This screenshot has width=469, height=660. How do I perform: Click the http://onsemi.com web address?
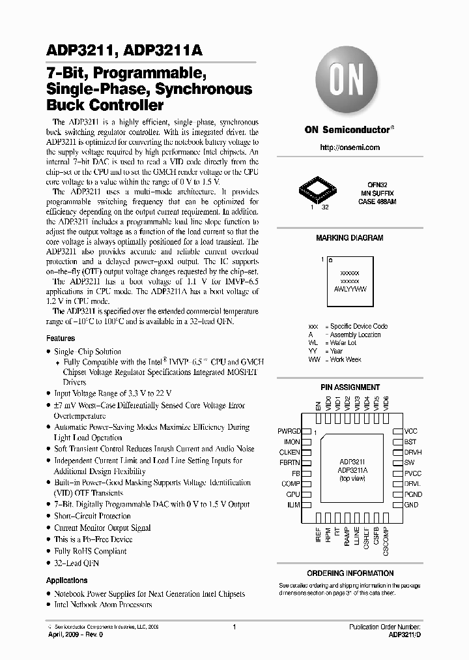[x=349, y=148]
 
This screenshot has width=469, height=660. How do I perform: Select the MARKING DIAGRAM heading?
[x=349, y=239]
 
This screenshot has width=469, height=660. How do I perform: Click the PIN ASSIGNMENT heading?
[x=349, y=387]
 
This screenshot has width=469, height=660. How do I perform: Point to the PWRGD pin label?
[x=289, y=432]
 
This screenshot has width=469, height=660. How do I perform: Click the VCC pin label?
[x=411, y=432]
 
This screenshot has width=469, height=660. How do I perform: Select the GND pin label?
[x=411, y=505]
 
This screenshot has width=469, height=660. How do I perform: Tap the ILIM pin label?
[x=293, y=505]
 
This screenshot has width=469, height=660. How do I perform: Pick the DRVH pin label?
[x=413, y=453]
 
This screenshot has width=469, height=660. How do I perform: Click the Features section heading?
[x=61, y=338]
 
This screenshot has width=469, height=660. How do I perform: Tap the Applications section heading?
[x=66, y=580]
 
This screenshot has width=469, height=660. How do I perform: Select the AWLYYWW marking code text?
[x=349, y=288]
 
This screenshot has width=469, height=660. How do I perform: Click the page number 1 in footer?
[x=233, y=627]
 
